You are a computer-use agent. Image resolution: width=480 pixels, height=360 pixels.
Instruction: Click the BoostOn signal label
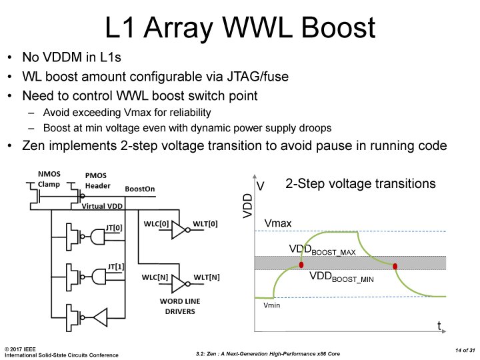pos(139,189)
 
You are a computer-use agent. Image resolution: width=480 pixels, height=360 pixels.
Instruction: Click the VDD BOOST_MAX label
pos(322,250)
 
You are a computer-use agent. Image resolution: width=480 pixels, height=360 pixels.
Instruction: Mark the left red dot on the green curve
pos(302,265)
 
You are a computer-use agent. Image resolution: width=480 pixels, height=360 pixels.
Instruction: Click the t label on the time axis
pos(439,326)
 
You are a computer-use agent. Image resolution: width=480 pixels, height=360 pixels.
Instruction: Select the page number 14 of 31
pos(460,350)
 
